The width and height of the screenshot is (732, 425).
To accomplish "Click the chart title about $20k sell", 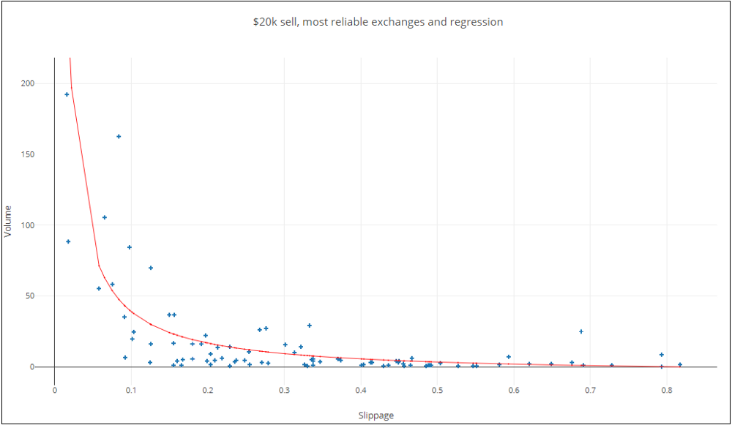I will coord(378,22).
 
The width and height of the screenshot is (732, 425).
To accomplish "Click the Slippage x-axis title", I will coord(376,415).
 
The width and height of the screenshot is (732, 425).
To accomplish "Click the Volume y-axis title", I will coord(8,220).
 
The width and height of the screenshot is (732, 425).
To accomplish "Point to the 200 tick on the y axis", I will coord(28,83).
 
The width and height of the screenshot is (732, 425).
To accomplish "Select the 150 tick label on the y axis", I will coord(28,154).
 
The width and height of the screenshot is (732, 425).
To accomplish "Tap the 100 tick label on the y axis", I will coord(28,225).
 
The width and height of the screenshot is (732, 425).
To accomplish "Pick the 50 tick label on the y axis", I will coord(30,296).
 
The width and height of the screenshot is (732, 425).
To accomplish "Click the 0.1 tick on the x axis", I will coord(131,390).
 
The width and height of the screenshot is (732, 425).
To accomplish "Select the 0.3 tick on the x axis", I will coord(284,390).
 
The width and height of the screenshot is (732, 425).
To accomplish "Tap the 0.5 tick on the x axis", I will coord(437,390).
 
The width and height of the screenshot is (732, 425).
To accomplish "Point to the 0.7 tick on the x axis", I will coord(590,390).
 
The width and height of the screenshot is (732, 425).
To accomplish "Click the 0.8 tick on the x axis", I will coord(666,390).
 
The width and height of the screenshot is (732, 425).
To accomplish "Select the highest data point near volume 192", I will coord(67,94).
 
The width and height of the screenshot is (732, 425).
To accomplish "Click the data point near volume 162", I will coord(119,137).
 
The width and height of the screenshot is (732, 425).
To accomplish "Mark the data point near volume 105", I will coord(105,217).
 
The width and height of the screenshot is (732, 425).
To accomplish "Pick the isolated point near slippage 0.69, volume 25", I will coord(581,331).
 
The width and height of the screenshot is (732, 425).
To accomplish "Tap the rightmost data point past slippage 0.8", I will coord(680,364).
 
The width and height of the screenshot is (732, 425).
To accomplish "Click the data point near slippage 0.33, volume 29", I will coord(310,326).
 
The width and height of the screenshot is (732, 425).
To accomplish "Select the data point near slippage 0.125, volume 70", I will coord(151,268).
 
